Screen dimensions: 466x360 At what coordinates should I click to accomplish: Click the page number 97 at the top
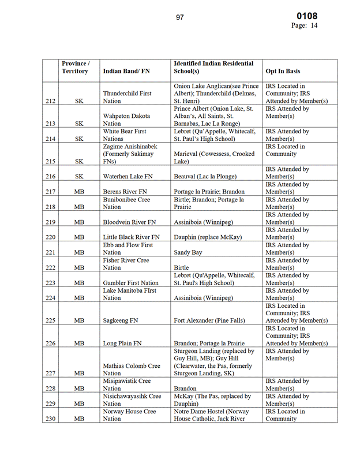180,17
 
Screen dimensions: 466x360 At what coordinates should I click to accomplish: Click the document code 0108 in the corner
306,16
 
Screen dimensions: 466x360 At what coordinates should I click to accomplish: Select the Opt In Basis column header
283,71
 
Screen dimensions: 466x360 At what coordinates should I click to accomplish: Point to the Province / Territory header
75,67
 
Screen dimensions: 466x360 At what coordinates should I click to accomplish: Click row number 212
50,101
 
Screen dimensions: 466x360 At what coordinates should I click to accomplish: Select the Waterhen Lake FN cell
128,177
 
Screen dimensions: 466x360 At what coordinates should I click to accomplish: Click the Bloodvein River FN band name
129,222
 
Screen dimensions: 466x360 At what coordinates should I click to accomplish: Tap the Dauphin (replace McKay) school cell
208,237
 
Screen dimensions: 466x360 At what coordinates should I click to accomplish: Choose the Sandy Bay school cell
190,252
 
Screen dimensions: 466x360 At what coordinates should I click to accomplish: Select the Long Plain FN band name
122,343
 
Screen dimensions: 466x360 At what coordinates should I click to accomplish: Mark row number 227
50,373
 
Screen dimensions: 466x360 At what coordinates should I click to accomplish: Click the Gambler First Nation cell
130,283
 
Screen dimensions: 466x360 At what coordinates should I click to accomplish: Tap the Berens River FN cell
125,192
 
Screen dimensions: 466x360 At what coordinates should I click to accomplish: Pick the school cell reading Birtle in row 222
182,267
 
